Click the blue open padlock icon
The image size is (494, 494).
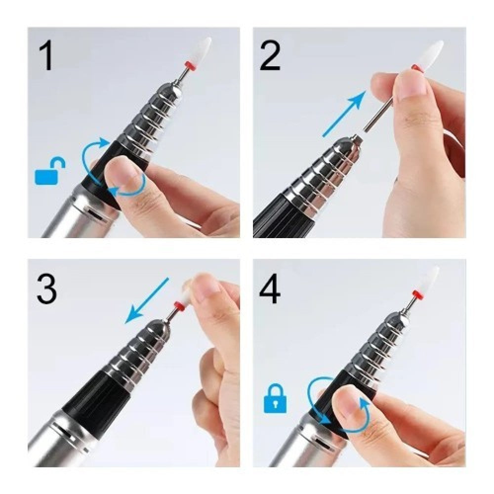(50, 172)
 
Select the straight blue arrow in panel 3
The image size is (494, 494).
(148, 300)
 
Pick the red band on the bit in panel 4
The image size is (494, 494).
(417, 295)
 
